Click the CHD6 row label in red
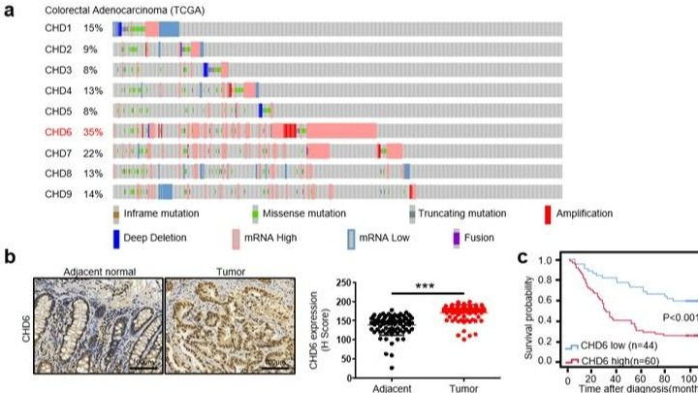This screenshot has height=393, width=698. coord(58,130)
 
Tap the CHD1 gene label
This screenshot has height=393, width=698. coord(58,29)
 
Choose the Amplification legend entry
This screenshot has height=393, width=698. coord(585,213)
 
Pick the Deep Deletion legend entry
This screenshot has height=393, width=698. coord(161,236)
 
